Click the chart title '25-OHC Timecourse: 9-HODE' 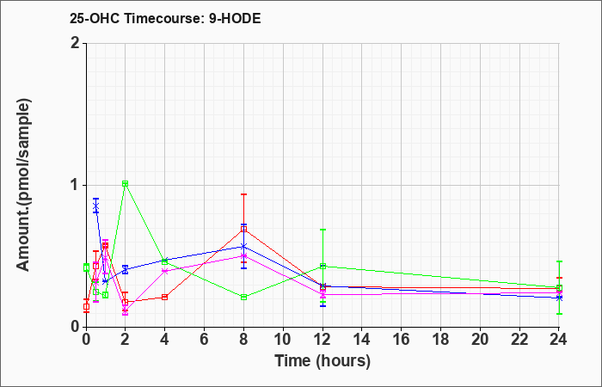pos(165,18)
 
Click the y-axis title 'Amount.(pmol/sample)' pos(24,185)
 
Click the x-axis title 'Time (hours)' pos(322,361)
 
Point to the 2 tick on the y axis pos(76,43)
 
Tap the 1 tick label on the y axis pos(76,185)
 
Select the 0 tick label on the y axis pos(76,327)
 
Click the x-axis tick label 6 pos(204,340)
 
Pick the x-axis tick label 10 pos(283,340)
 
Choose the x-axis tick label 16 pos(402,340)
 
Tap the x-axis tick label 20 pos(480,340)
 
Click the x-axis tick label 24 pos(559,340)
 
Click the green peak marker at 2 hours pos(126,183)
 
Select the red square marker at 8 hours pos(243,230)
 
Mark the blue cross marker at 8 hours pos(243,247)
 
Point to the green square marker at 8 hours pos(243,298)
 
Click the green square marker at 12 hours pos(322,266)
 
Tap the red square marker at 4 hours pos(165,298)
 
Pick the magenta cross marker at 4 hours pos(165,271)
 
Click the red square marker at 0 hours pos(86,307)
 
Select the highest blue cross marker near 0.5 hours pos(96,207)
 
